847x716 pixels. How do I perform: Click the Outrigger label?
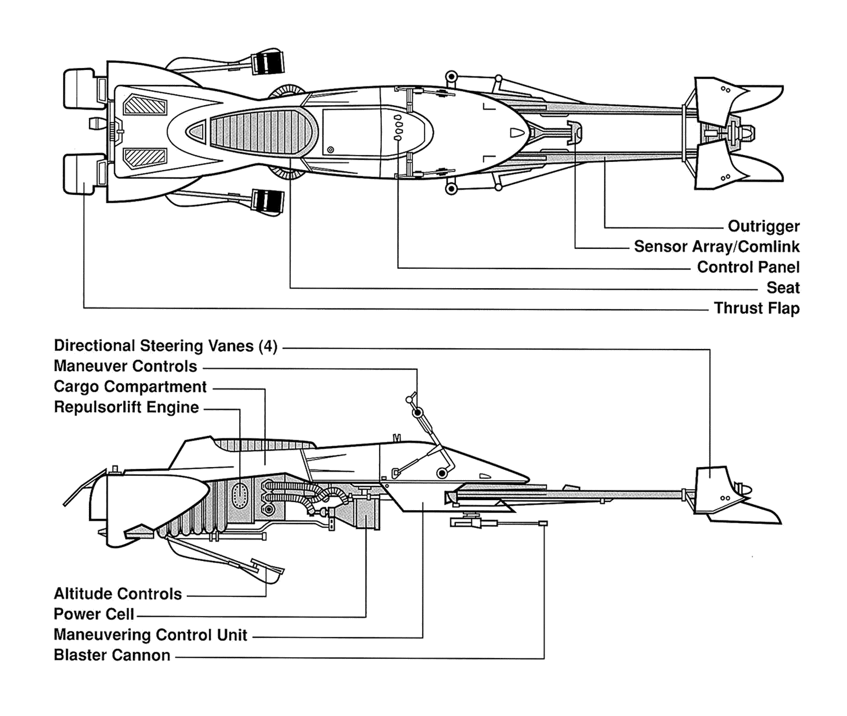click(763, 227)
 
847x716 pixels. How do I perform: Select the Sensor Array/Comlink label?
click(716, 247)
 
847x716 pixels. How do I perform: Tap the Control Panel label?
click(748, 267)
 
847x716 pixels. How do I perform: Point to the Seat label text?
click(783, 288)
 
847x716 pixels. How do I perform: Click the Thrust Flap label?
click(757, 308)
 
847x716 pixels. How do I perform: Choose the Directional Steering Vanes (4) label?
click(166, 346)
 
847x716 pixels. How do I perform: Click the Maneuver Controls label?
click(125, 366)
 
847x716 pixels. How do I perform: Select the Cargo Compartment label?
click(130, 387)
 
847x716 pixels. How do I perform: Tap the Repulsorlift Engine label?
click(126, 407)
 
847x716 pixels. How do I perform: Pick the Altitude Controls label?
click(118, 594)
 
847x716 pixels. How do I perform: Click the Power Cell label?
click(94, 614)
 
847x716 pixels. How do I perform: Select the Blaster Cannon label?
click(112, 656)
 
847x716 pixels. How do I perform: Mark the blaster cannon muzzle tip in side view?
click(543, 524)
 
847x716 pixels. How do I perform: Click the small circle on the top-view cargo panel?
click(331, 150)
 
